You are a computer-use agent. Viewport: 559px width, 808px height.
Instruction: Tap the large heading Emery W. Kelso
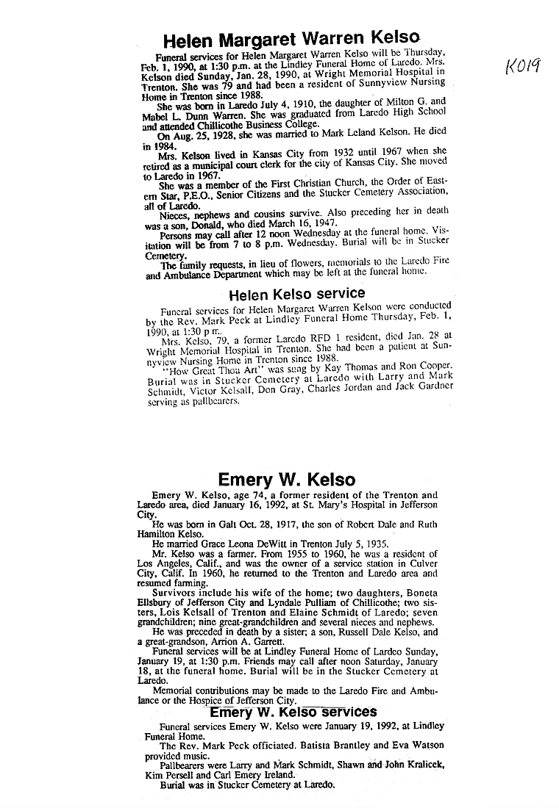click(x=287, y=480)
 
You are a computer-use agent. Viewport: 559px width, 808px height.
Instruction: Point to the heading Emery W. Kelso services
click(x=293, y=712)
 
